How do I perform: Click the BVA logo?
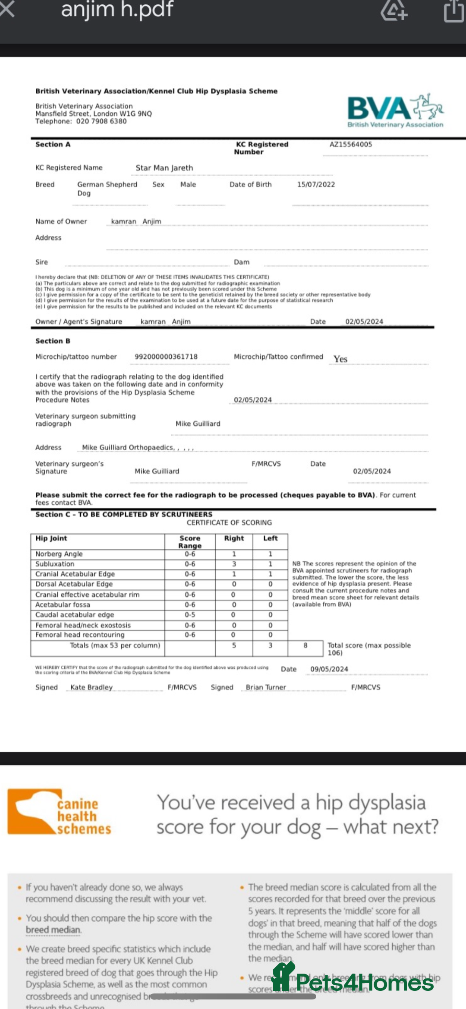coord(395,111)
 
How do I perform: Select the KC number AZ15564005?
coord(350,144)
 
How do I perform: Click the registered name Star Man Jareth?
coord(164,168)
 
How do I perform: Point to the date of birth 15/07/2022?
coord(316,184)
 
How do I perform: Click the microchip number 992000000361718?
coord(166,357)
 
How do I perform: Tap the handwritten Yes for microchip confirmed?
coord(340,359)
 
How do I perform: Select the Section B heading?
coord(53,341)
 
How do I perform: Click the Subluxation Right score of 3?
coord(234,564)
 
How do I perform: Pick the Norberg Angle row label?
coord(59,554)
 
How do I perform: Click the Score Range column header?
coord(190,542)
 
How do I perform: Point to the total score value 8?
coord(305,645)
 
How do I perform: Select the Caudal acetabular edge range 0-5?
coord(190,615)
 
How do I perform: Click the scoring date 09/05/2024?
coord(329,669)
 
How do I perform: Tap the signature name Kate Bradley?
coord(91,687)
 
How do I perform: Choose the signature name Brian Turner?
coord(266,687)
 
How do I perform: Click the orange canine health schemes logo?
coord(60,812)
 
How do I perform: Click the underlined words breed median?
coord(53,930)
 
